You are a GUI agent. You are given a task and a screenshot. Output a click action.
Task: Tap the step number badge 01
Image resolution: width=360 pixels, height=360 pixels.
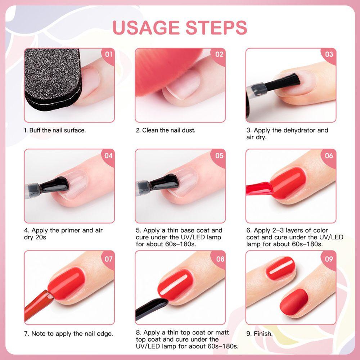(x=108, y=55)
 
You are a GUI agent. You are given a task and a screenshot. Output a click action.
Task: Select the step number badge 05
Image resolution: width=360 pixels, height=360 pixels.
(x=219, y=156)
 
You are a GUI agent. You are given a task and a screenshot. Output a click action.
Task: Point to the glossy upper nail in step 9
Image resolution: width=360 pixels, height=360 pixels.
(x=280, y=268)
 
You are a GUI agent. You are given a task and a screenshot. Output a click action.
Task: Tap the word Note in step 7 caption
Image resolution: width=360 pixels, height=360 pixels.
(x=39, y=334)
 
